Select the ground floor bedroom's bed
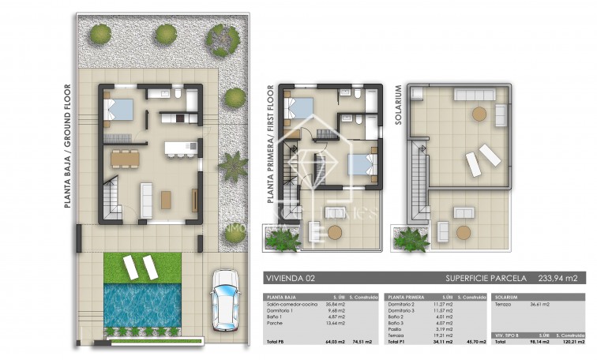tap(119, 108)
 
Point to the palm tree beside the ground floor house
tap(234, 165)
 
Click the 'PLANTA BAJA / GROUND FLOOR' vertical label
tap(67, 145)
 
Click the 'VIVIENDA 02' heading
tap(294, 278)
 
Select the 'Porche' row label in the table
tap(275, 323)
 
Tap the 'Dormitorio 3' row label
tap(401, 310)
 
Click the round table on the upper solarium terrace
tap(479, 114)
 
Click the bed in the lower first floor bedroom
tap(359, 165)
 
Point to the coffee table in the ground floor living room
tap(167, 199)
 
